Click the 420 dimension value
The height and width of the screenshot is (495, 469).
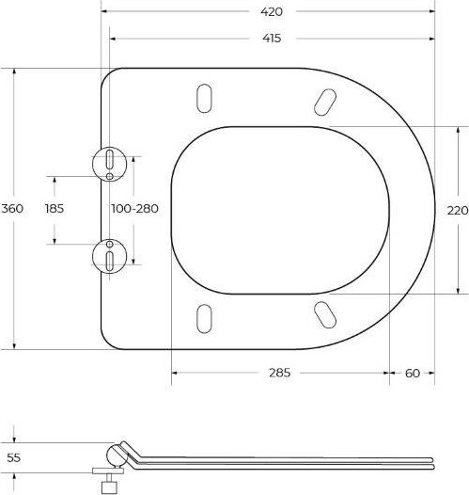click(x=273, y=11)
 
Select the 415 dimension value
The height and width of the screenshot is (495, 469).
click(x=273, y=39)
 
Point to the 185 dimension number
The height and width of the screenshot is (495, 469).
click(x=55, y=209)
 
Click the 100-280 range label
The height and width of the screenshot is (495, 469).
click(x=134, y=209)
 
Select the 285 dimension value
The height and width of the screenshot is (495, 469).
click(x=279, y=373)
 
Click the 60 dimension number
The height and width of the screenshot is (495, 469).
click(x=412, y=373)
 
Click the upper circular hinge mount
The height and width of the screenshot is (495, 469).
click(x=110, y=162)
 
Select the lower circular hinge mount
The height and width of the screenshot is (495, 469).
click(x=110, y=255)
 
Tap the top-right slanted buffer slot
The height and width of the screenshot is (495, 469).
click(x=323, y=99)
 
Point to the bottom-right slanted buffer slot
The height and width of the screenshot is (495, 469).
click(x=323, y=314)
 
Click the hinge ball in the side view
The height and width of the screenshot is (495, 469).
click(x=117, y=455)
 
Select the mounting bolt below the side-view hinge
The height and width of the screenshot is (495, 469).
click(x=110, y=483)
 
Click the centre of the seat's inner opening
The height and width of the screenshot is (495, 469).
click(x=280, y=209)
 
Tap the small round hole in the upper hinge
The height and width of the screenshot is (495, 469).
click(x=110, y=175)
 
